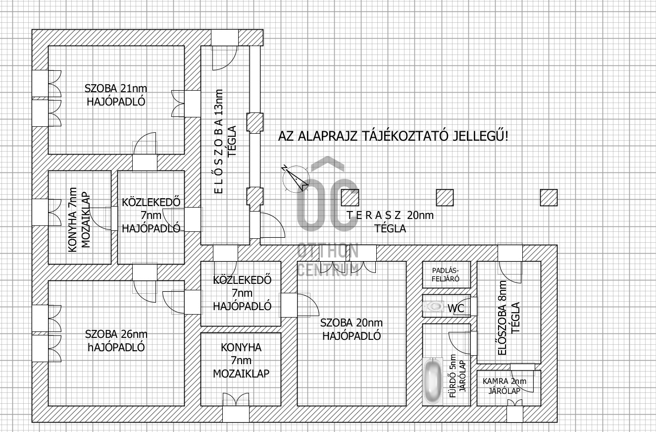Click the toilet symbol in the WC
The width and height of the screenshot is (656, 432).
tap(433, 306)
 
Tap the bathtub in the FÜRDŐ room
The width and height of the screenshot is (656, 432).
tap(433, 381)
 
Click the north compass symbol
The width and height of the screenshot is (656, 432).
tap(296, 179)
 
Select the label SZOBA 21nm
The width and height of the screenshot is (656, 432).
tap(116, 88)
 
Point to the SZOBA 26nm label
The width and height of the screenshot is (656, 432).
tap(116, 334)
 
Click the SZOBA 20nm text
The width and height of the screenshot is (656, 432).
tap(352, 323)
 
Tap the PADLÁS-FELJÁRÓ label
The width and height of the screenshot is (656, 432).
tap(446, 274)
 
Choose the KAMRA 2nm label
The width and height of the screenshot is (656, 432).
tap(505, 381)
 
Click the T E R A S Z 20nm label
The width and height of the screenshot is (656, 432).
tap(390, 216)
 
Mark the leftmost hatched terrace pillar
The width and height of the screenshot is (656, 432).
tap(350, 198)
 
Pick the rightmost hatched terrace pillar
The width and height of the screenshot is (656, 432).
tap(549, 198)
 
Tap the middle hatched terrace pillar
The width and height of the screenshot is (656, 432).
tap(445, 198)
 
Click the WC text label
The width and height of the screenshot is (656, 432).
tap(455, 308)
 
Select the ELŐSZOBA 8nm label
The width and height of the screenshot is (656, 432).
tap(502, 318)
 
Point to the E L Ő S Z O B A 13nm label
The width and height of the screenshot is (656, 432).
tap(218, 142)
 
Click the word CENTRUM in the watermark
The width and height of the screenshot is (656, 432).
tap(328, 270)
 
